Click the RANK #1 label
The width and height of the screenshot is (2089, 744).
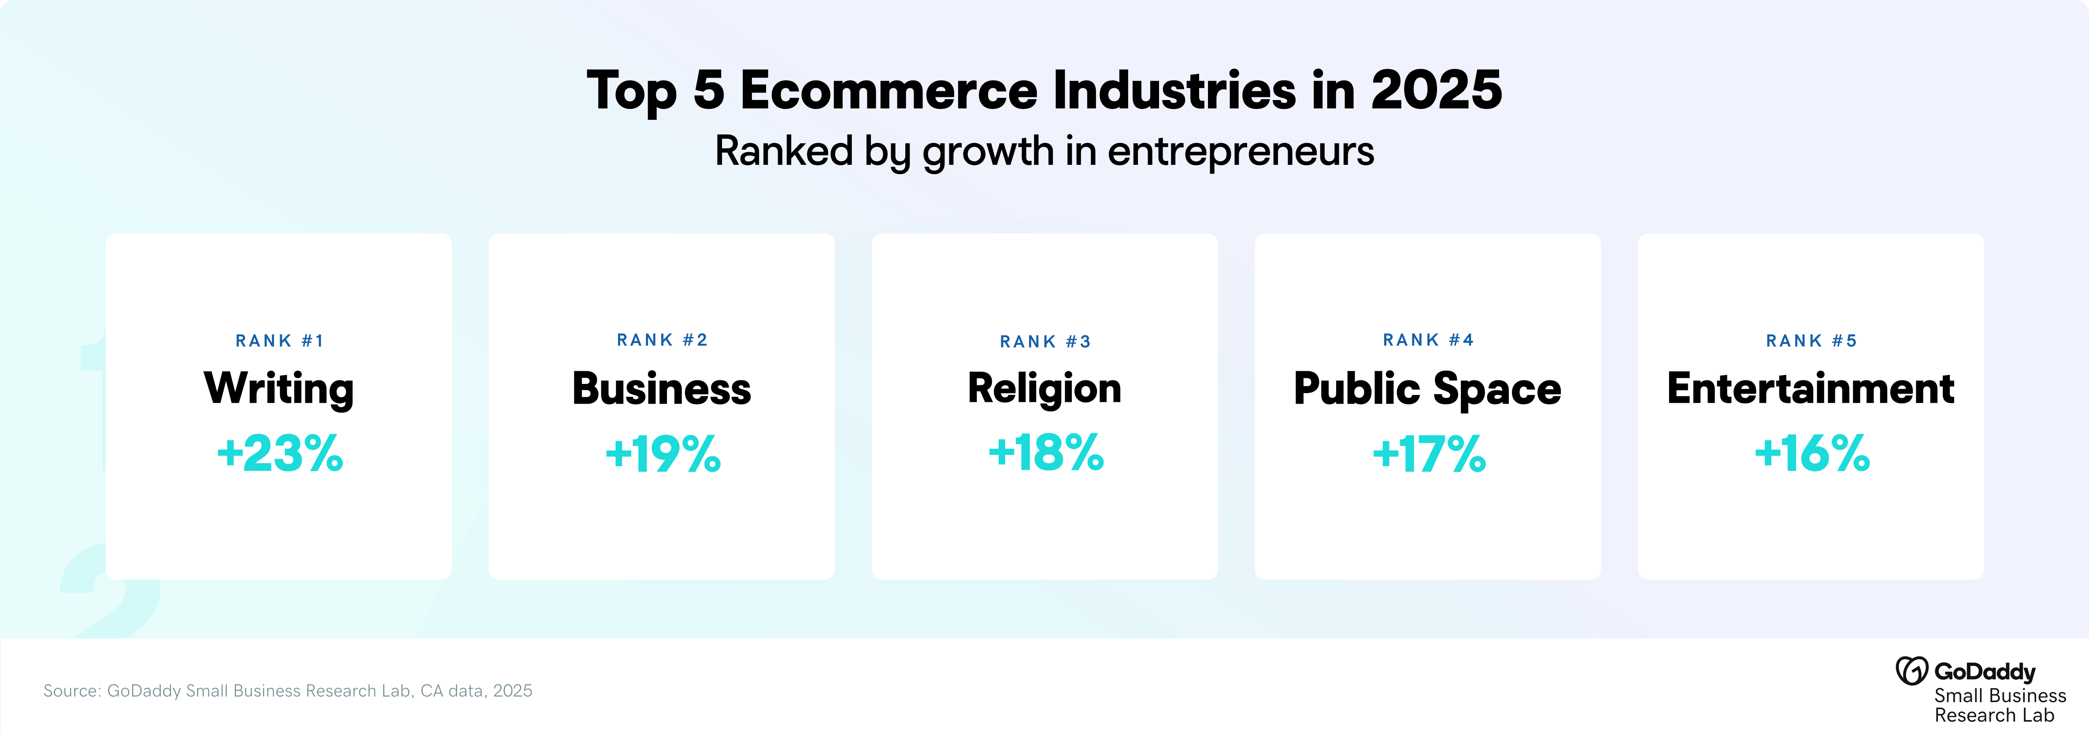point(279,341)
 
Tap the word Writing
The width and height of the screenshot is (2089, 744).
point(279,389)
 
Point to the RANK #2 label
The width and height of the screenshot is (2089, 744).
point(662,340)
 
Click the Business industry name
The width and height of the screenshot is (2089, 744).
point(662,389)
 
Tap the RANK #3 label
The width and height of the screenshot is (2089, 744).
point(1045,342)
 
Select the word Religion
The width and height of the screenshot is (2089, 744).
point(1044,389)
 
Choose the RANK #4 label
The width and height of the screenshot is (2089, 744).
point(1428,340)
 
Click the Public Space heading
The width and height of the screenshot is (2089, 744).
point(1427,389)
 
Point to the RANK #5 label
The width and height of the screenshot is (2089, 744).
point(1811,341)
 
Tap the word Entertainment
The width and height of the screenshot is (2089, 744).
point(1811,389)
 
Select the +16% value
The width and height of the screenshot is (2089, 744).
point(1811,453)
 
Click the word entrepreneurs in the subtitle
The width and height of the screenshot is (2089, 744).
point(1241,152)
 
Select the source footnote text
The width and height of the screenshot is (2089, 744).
point(288,691)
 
